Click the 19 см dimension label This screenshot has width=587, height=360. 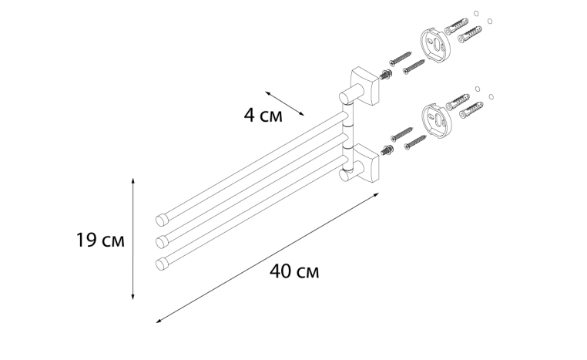[x=100, y=240]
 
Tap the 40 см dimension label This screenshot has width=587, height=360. [x=294, y=271]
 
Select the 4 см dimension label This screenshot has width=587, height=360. [x=263, y=115]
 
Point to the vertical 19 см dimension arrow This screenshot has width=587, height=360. [x=133, y=239]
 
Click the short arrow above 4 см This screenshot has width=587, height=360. [x=285, y=103]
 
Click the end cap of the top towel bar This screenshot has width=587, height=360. [x=161, y=220]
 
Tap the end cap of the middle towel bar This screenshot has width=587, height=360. [x=162, y=241]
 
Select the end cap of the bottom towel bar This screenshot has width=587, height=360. [x=162, y=264]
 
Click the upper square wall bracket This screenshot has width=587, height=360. [x=364, y=87]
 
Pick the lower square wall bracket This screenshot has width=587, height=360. [x=364, y=164]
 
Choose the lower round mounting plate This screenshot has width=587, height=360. [x=436, y=119]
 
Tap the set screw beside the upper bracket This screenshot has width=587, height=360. [x=386, y=74]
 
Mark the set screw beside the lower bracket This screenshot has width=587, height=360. [x=386, y=150]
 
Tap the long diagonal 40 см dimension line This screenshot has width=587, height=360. [x=267, y=257]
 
